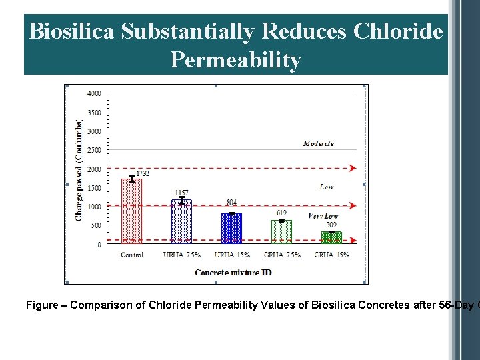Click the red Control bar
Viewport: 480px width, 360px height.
(131, 212)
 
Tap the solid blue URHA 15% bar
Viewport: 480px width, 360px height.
(231, 229)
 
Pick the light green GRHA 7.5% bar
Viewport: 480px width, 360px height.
(281, 232)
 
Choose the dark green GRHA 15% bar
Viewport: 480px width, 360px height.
(331, 237)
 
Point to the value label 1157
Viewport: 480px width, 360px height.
(181, 193)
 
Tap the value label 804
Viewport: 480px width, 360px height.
(231, 202)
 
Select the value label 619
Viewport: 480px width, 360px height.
(281, 213)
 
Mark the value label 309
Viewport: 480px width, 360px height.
(331, 225)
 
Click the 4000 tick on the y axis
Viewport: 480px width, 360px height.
(95, 93)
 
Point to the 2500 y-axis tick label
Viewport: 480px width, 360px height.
(95, 150)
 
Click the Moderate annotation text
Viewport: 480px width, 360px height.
(318, 143)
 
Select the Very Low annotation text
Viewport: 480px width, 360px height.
(323, 216)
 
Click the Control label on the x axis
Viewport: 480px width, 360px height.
(131, 255)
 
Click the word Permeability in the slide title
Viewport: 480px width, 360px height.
(235, 60)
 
